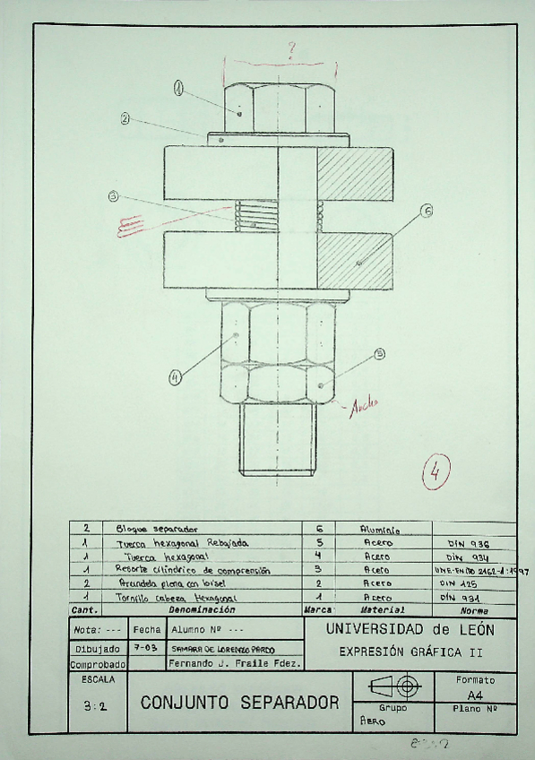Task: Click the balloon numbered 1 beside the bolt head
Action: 178,88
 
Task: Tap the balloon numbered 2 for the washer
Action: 125,118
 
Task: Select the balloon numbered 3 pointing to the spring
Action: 113,197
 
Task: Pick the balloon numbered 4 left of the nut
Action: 175,377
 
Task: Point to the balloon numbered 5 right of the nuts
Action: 379,353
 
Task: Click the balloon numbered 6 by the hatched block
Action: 426,212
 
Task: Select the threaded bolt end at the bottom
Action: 278,444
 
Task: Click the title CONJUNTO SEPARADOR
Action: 239,701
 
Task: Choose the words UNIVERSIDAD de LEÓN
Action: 411,630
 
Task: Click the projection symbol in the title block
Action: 395,687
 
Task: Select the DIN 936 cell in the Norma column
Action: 465,543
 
